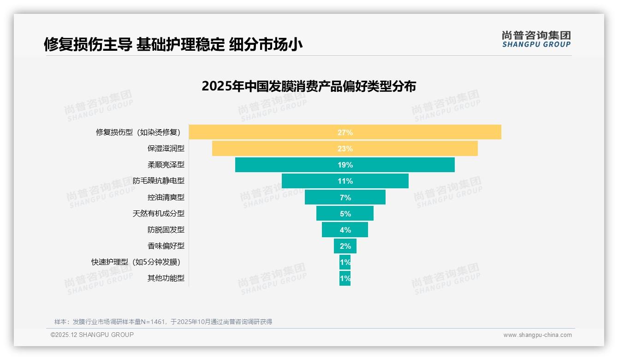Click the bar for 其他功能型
pyautogui.click(x=345, y=278)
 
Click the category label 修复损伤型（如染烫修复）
pyautogui.click(x=138, y=132)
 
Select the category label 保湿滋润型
pyautogui.click(x=166, y=149)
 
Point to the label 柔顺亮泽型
pyautogui.click(x=166, y=165)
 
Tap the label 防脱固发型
pyautogui.click(x=166, y=230)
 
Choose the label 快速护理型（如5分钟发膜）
pyautogui.click(x=136, y=262)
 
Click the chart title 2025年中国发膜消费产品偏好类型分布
pyautogui.click(x=309, y=86)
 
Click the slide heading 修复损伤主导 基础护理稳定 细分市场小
pyautogui.click(x=173, y=44)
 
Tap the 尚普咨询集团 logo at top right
pyautogui.click(x=536, y=39)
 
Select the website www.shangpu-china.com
pyautogui.click(x=537, y=335)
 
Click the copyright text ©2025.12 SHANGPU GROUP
pyautogui.click(x=92, y=335)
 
